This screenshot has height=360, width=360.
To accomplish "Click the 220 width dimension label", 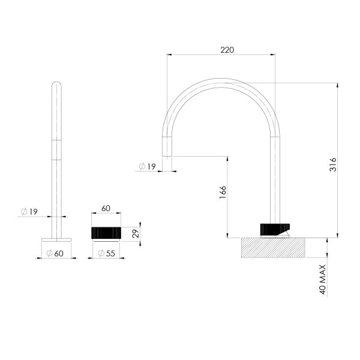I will point(227,49).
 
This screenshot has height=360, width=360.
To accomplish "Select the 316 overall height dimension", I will point(333,164).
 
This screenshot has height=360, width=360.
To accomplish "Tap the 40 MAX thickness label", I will point(323,280).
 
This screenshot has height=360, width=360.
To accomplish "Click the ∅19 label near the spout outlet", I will point(146,166).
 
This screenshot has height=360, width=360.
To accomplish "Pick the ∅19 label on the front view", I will point(29,211).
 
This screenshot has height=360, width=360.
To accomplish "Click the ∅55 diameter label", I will point(106,254).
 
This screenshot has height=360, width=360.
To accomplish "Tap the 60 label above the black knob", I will point(106,209).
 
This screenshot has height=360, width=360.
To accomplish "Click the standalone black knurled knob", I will point(106,232).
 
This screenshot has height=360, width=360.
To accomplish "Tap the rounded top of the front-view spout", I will point(56,84).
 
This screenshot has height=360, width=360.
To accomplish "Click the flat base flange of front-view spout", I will point(56,239).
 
